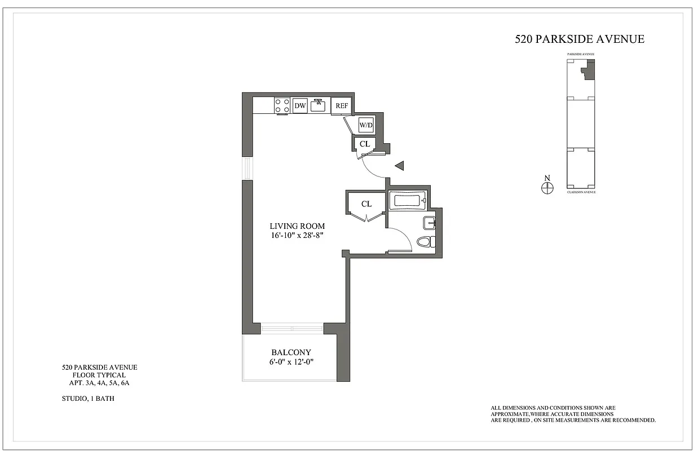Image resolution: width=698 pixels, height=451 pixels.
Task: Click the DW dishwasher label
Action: tap(299, 105)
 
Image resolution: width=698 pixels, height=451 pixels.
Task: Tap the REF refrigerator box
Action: tap(342, 105)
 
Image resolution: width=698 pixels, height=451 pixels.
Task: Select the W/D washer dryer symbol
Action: tap(366, 125)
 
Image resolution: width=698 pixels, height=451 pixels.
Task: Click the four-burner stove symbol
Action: tap(282, 105)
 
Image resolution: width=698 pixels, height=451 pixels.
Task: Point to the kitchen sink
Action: tap(319, 104)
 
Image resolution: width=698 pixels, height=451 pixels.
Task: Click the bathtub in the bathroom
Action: tap(407, 201)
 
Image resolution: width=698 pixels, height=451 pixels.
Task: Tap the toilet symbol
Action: tap(425, 242)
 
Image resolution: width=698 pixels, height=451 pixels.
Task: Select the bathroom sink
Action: tap(430, 223)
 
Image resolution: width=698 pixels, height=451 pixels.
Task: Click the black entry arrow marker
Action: tap(400, 166)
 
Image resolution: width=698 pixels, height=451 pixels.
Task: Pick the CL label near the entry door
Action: tap(365, 144)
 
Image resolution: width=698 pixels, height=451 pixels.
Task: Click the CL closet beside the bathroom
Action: tap(366, 204)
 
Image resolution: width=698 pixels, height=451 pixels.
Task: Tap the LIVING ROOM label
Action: tap(297, 226)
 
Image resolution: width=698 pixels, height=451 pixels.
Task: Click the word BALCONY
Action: tap(290, 352)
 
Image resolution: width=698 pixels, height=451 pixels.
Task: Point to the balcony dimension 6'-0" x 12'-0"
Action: tap(290, 362)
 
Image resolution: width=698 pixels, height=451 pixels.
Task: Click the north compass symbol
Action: tap(546, 188)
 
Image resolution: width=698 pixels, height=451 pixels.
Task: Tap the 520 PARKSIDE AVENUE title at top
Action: tap(580, 39)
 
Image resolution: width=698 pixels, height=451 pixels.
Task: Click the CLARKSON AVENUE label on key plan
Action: tap(581, 192)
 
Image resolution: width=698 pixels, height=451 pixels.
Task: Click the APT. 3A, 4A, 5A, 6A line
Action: tap(99, 383)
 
